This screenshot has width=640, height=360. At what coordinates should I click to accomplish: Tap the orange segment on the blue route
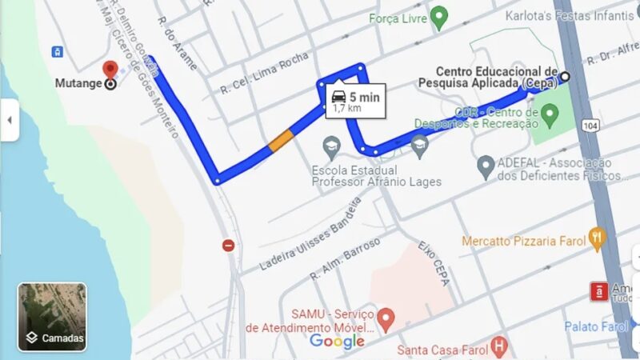[x=281, y=141]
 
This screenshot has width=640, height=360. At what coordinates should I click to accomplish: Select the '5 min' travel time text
[x=363, y=96]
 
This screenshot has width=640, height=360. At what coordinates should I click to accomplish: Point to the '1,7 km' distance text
[x=346, y=108]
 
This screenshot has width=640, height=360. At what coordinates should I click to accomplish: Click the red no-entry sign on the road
[x=229, y=246]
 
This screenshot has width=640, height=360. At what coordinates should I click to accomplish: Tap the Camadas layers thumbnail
[x=52, y=317]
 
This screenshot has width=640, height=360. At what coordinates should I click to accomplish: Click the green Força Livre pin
[x=438, y=16]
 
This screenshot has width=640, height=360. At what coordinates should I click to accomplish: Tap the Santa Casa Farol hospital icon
[x=499, y=347]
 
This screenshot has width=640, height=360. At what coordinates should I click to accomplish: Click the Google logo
[x=337, y=342]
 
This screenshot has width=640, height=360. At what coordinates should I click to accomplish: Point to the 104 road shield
[x=590, y=126]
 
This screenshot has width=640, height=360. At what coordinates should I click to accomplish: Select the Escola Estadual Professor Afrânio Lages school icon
[x=330, y=146]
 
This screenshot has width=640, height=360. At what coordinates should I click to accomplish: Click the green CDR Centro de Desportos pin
[x=549, y=117]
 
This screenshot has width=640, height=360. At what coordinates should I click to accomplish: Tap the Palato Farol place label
[x=596, y=326]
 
